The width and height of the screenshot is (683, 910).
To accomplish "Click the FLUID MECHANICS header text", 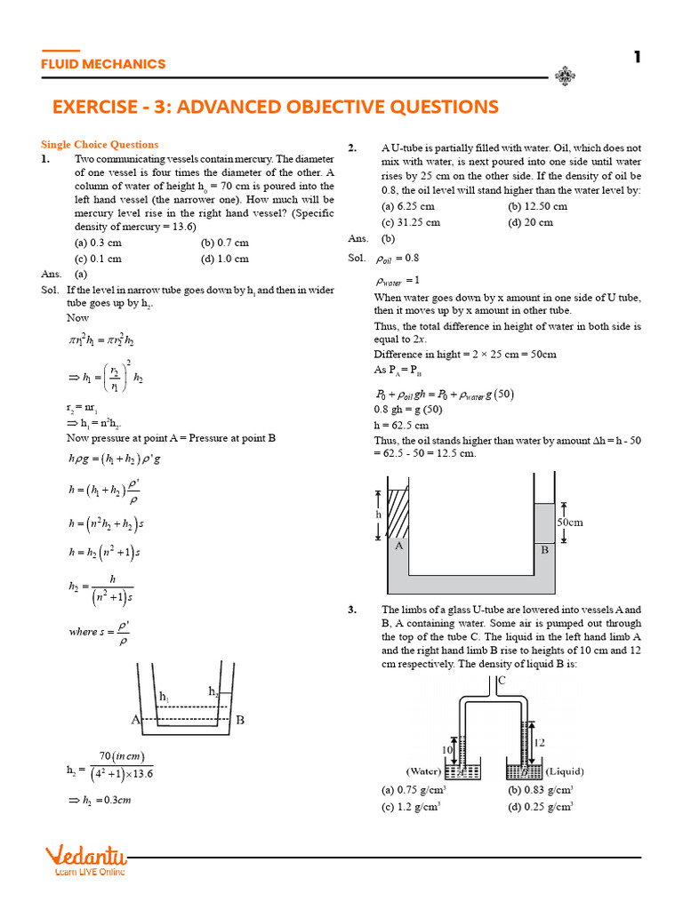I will pyautogui.click(x=103, y=64).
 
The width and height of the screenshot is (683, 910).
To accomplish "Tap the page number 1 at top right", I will pyautogui.click(x=637, y=58).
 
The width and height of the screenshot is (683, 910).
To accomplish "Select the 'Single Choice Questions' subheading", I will pyautogui.click(x=100, y=144).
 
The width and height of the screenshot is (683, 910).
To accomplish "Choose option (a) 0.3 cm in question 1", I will pyautogui.click(x=99, y=242).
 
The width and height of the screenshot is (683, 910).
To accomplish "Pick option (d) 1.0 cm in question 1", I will pyautogui.click(x=224, y=259).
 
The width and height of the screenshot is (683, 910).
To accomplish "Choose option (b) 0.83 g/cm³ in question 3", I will pyautogui.click(x=540, y=789).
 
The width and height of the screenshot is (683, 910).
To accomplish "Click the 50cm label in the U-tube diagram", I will pyautogui.click(x=570, y=523).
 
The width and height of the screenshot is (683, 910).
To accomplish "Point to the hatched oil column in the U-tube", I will pyautogui.click(x=398, y=514).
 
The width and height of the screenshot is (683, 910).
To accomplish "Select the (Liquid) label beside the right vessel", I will pyautogui.click(x=564, y=770).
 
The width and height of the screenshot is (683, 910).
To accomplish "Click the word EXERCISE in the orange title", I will pyautogui.click(x=100, y=108).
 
